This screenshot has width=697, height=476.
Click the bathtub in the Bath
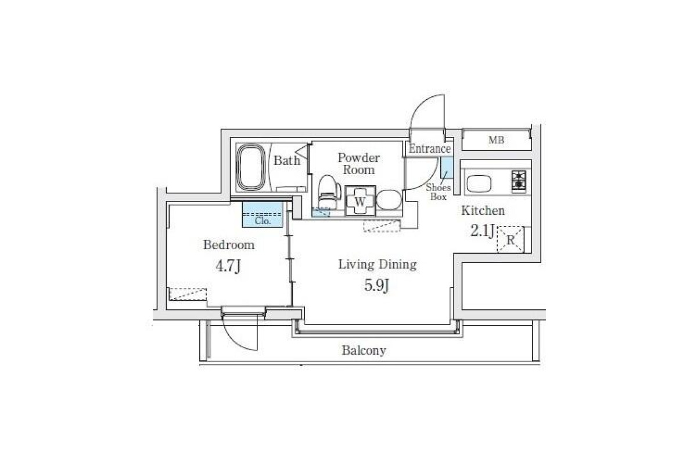point(251,167)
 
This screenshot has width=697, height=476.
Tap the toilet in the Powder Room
point(329,192)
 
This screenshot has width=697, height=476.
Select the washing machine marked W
point(360,201)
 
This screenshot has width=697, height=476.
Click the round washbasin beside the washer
point(389,200)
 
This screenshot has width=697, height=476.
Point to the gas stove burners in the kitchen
point(519,180)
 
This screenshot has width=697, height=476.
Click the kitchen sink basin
point(479,183)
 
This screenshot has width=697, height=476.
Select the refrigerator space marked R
point(511,239)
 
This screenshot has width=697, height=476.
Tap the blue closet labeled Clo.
point(263,215)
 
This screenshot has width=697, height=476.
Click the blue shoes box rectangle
point(447,168)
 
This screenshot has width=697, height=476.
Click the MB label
point(496,140)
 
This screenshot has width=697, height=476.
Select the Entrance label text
point(430,149)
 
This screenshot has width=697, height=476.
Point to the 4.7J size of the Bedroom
point(228,266)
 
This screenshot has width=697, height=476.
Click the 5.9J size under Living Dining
point(377,285)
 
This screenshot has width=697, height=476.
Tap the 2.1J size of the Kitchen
point(482,230)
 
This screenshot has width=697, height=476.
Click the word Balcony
point(364,351)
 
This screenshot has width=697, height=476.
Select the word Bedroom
point(229,245)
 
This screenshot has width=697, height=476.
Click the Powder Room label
point(359,164)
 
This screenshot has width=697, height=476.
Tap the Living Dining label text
point(378,265)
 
